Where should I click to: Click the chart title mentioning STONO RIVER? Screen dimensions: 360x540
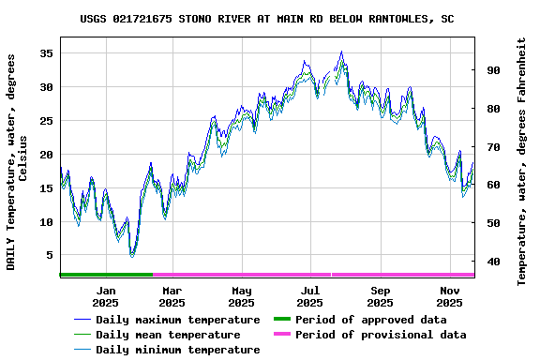[267, 18]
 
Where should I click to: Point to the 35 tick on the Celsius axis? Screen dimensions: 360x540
[46, 53]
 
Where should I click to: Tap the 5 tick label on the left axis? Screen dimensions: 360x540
[50, 256]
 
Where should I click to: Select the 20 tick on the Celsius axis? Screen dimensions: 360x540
[46, 155]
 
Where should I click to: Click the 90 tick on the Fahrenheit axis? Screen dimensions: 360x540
[491, 70]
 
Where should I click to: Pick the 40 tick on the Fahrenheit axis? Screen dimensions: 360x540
[491, 262]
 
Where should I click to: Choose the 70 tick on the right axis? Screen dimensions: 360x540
[491, 147]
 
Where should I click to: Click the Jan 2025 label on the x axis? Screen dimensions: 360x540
[105, 296]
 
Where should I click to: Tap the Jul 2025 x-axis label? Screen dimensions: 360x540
[310, 296]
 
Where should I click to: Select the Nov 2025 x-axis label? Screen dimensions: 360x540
[449, 296]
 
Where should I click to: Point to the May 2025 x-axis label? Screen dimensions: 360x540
[241, 296]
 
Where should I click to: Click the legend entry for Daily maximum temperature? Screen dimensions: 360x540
[168, 320]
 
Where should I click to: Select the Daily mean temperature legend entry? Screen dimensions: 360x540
[168, 335]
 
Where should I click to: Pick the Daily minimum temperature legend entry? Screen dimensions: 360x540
[168, 350]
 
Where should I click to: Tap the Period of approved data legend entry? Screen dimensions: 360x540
[370, 320]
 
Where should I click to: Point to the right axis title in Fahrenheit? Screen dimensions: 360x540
[522, 161]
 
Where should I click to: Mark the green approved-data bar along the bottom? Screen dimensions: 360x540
[106, 275]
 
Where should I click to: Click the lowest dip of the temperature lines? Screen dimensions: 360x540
[132, 254]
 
